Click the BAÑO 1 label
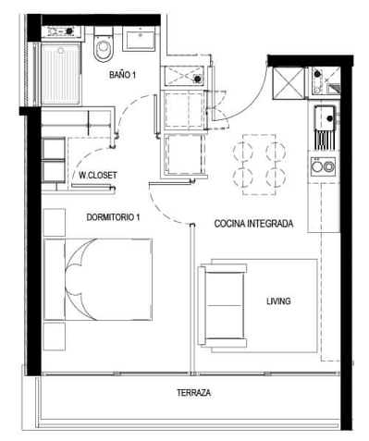(122, 75)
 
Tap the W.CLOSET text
(98, 176)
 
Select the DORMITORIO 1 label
(113, 217)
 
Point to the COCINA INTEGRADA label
(253, 224)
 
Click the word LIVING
(278, 301)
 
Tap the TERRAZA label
(194, 393)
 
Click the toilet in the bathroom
(104, 44)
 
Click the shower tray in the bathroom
(61, 74)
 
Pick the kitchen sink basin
(325, 117)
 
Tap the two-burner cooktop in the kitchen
(323, 166)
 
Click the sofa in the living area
(223, 304)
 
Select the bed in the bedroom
(98, 279)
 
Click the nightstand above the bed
(55, 223)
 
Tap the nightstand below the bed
(55, 337)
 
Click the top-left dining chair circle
(243, 152)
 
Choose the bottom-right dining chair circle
(276, 178)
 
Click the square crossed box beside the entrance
(289, 83)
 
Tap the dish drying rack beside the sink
(325, 141)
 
